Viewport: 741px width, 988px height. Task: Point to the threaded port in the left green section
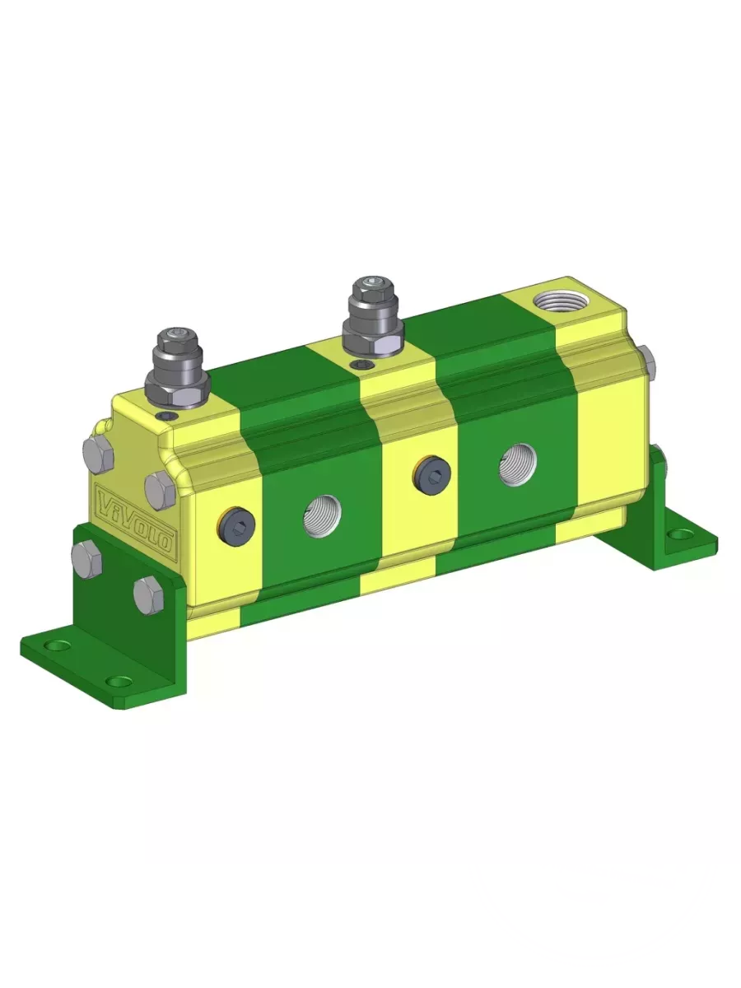coord(322,515)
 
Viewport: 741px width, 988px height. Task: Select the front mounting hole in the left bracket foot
coord(122,682)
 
